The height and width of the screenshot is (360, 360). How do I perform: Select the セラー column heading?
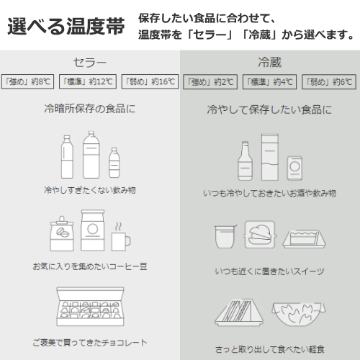click(x=89, y=62)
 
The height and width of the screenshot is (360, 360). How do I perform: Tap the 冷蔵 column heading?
click(x=269, y=62)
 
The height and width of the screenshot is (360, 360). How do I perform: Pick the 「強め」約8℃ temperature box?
click(x=28, y=81)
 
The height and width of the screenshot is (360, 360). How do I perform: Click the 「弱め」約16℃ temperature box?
click(x=149, y=81)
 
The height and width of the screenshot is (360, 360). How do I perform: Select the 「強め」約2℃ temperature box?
click(x=210, y=81)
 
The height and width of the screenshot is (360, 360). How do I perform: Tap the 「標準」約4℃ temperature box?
click(x=269, y=81)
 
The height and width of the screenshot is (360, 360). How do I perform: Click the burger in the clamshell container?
click(x=260, y=235)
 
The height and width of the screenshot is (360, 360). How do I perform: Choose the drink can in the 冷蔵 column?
click(x=295, y=169)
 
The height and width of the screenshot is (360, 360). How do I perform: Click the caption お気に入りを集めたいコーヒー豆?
click(x=89, y=266)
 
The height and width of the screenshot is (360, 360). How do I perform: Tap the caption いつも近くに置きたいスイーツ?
click(x=269, y=271)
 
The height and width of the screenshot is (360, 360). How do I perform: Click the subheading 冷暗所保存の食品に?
click(x=89, y=110)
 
